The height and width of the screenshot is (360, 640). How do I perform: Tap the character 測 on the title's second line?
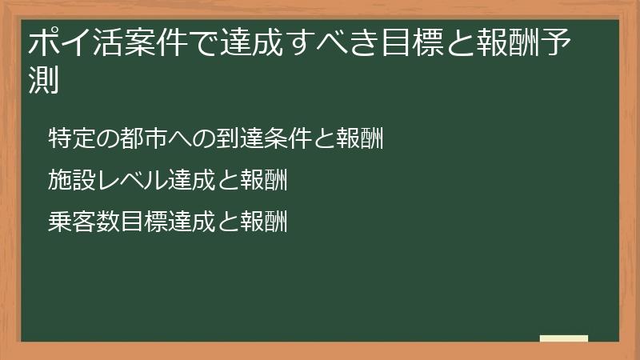pos(42,80)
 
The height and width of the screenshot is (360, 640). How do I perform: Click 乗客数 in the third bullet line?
pos(78,222)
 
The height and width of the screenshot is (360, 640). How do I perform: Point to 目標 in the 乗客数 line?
pos(138,222)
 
